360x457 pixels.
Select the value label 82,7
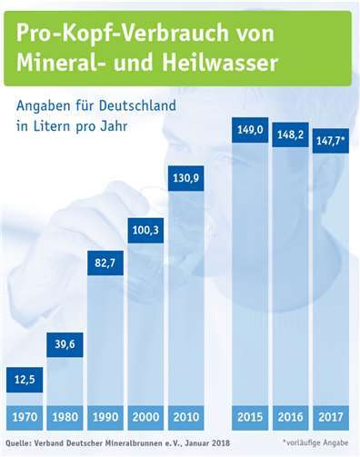(105, 263)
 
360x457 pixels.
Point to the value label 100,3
(145, 230)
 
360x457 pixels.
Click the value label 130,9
(186, 176)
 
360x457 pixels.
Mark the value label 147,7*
(332, 143)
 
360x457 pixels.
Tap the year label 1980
(65, 418)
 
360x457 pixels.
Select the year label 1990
(105, 418)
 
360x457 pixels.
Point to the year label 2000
(145, 418)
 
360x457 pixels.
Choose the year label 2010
(186, 418)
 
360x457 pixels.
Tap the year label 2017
(332, 418)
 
